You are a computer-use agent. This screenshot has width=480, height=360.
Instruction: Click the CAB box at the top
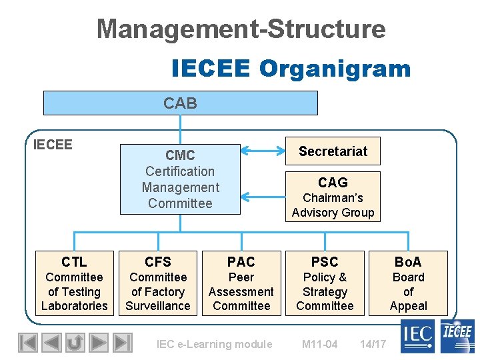180,103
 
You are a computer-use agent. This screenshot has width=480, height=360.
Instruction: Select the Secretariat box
333,151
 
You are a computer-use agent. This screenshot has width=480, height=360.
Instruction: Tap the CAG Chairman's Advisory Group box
333,197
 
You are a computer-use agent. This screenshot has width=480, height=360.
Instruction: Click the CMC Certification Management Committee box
180,179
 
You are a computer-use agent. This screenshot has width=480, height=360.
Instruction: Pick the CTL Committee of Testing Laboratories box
74,283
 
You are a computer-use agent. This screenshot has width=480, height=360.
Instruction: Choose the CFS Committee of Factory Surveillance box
158,283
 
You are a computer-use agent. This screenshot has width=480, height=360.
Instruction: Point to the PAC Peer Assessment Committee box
241,283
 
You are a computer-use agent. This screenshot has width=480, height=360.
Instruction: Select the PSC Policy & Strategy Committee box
325,283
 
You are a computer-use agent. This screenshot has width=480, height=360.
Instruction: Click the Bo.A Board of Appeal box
408,283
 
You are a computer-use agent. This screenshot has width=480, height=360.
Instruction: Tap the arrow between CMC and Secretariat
263,151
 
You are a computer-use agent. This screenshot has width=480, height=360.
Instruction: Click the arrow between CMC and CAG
263,196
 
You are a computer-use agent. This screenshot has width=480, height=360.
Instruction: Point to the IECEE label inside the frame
53,145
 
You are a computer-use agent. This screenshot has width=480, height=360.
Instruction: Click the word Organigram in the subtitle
335,68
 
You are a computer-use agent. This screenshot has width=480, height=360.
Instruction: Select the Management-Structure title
241,29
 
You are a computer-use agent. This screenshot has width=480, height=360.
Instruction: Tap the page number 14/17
373,344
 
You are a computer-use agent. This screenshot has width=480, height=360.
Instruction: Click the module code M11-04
319,344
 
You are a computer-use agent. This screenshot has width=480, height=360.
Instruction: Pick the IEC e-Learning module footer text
214,344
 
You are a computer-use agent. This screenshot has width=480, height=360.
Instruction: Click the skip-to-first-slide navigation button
27,343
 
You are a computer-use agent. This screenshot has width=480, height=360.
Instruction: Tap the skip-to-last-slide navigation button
122,343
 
